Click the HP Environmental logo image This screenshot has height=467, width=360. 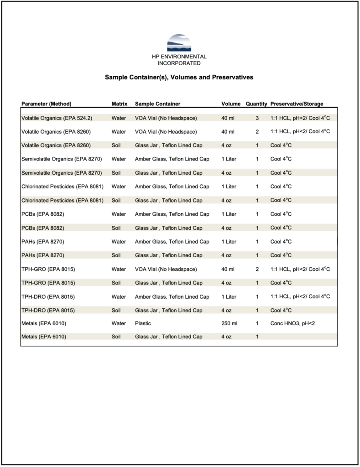179,43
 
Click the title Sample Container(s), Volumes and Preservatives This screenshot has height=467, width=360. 179,78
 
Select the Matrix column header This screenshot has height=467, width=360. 120,104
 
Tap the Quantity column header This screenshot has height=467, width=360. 256,104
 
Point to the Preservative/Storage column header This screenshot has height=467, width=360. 297,104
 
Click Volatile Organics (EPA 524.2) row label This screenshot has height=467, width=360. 57,118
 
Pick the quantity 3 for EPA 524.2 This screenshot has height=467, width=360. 257,118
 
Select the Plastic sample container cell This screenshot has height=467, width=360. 143,324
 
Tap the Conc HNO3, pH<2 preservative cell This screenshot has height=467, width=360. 292,324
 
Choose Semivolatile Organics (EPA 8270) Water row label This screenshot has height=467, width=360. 62,159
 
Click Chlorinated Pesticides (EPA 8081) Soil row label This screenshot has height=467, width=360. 63,200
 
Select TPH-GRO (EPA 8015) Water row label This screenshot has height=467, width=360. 48,269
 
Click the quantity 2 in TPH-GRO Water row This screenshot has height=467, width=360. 257,269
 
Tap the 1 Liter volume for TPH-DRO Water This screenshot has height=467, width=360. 229,296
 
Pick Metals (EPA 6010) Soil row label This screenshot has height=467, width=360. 44,337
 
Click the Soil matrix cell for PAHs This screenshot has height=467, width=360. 117,255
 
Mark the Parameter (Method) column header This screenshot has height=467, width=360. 47,104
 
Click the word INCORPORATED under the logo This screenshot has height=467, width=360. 179,63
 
